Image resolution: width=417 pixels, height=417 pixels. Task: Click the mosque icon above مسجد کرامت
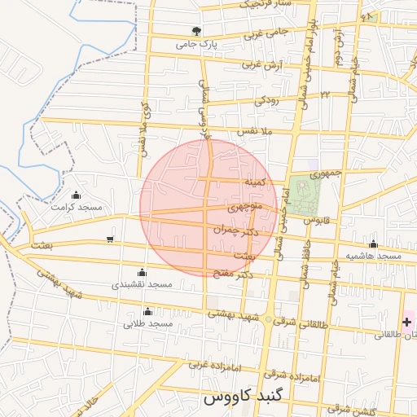coord(76,195)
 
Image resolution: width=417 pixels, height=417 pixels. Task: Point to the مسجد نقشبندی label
coord(143,284)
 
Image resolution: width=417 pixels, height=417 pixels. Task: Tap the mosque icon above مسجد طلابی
coord(147,311)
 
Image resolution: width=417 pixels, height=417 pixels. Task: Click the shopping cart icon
coord(110,239)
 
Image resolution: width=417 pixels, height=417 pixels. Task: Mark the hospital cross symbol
coord(406,323)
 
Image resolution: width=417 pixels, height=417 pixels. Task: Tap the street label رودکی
coord(266,100)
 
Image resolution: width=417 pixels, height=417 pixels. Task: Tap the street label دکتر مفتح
coord(236,276)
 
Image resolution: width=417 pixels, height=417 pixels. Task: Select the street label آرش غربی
coord(240,64)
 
